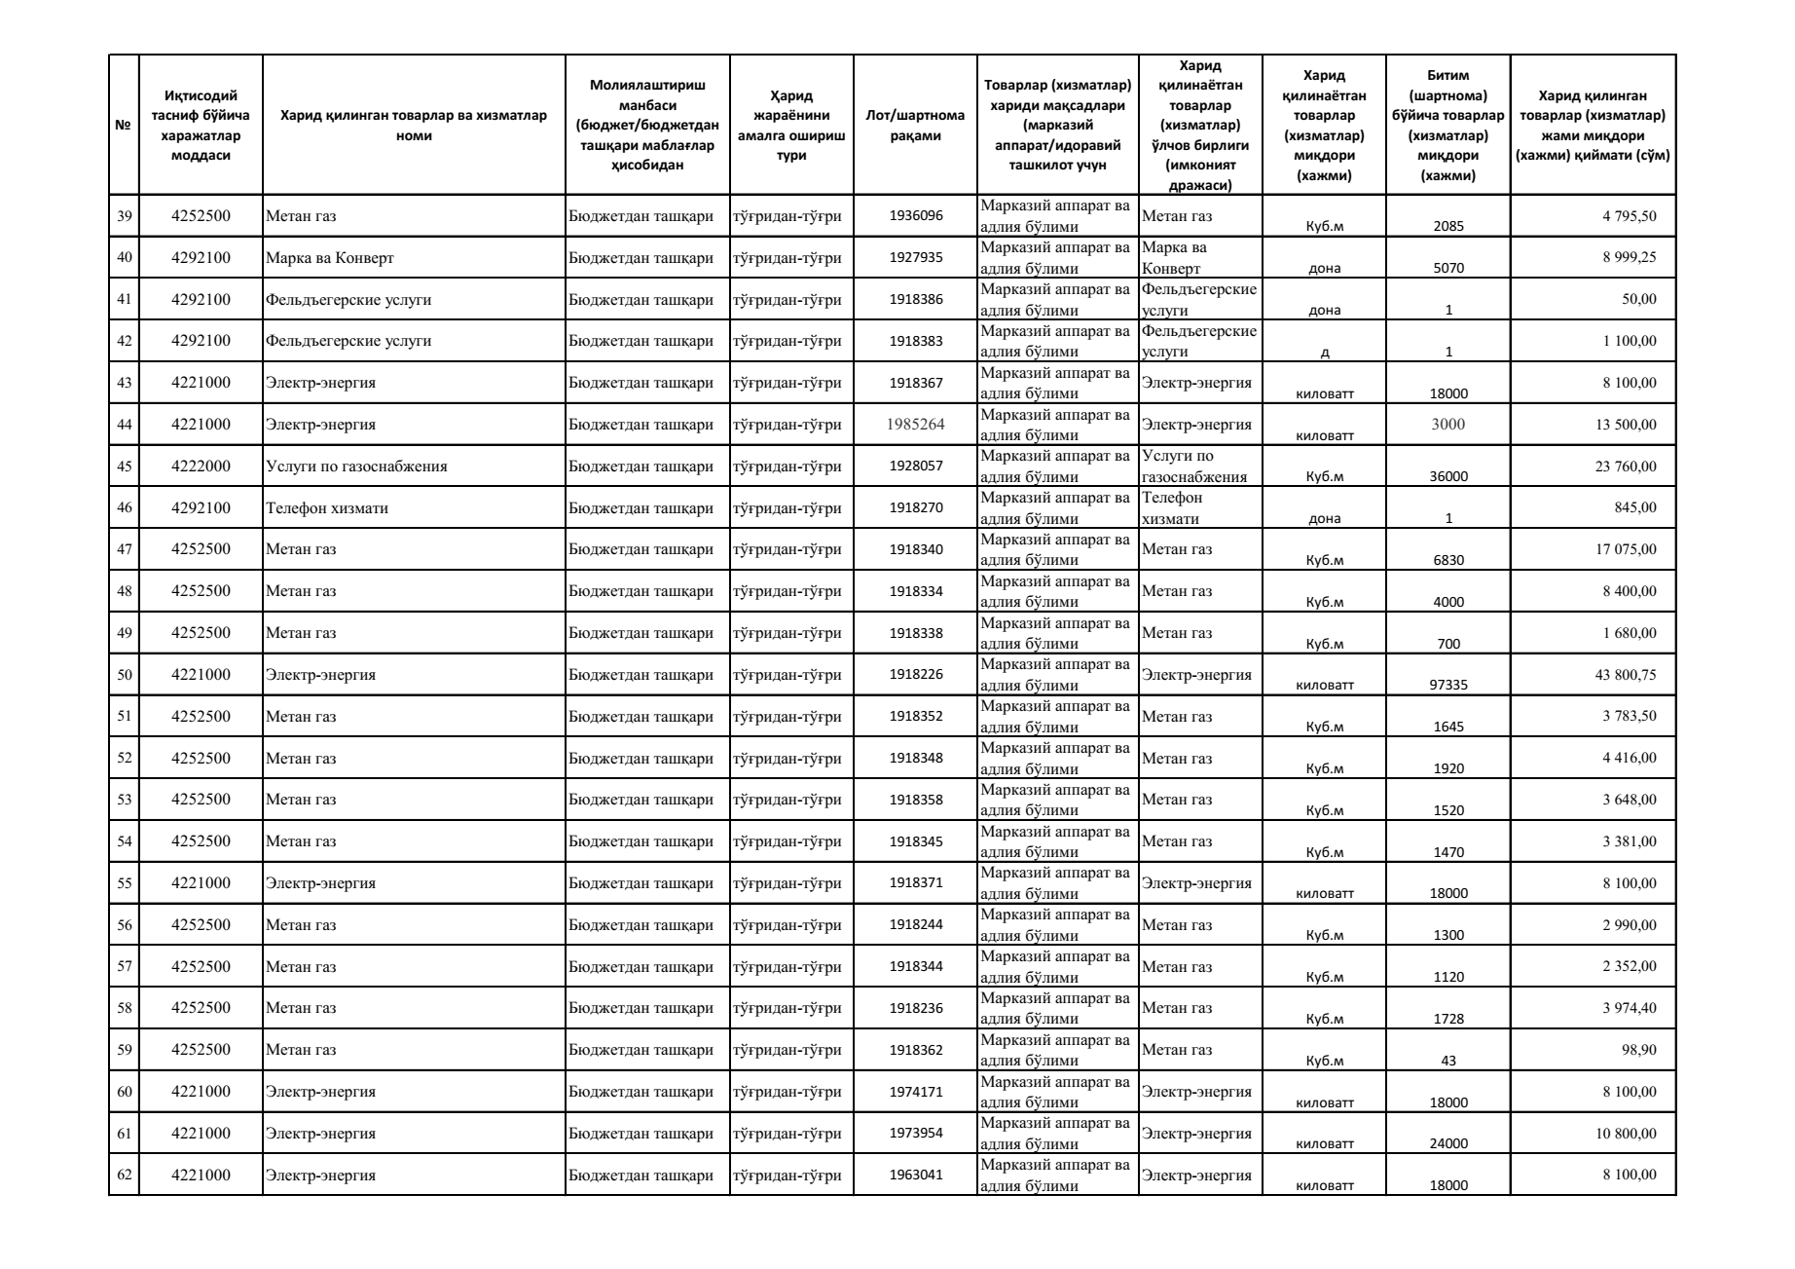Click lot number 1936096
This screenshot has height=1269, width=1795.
(x=915, y=216)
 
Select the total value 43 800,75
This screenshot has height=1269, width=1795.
(x=1625, y=674)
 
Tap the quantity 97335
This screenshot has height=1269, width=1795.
(x=1448, y=685)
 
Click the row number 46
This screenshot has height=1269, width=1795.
(x=124, y=507)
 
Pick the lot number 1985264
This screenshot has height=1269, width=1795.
(x=915, y=425)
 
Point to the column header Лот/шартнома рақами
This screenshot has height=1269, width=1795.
(x=915, y=125)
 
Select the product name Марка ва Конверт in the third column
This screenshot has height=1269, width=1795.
(x=329, y=258)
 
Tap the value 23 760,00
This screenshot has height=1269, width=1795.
(x=1625, y=466)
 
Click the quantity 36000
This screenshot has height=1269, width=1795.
(x=1448, y=476)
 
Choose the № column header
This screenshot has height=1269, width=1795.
(x=124, y=125)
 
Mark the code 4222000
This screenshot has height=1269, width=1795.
(x=201, y=466)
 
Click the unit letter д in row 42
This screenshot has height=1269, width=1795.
(x=1325, y=353)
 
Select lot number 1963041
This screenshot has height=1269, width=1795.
(x=915, y=1175)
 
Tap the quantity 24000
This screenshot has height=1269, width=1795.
(x=1448, y=1143)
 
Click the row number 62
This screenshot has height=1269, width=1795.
(x=124, y=1175)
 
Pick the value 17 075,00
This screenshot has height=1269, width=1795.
(x=1625, y=549)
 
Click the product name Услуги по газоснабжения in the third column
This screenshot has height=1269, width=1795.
(x=356, y=466)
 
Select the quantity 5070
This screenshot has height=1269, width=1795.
(x=1448, y=268)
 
